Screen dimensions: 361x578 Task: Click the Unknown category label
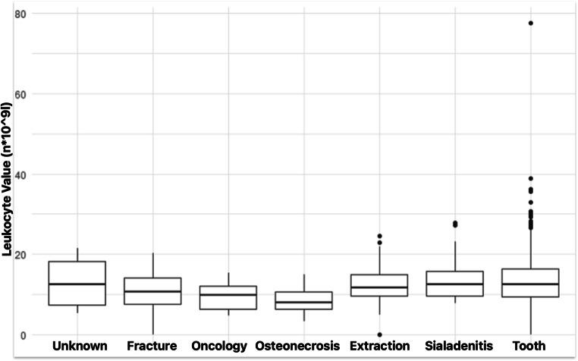79,347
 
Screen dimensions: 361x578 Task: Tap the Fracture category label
152,347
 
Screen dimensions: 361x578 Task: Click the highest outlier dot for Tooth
530,23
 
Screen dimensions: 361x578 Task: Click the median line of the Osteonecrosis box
303,302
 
